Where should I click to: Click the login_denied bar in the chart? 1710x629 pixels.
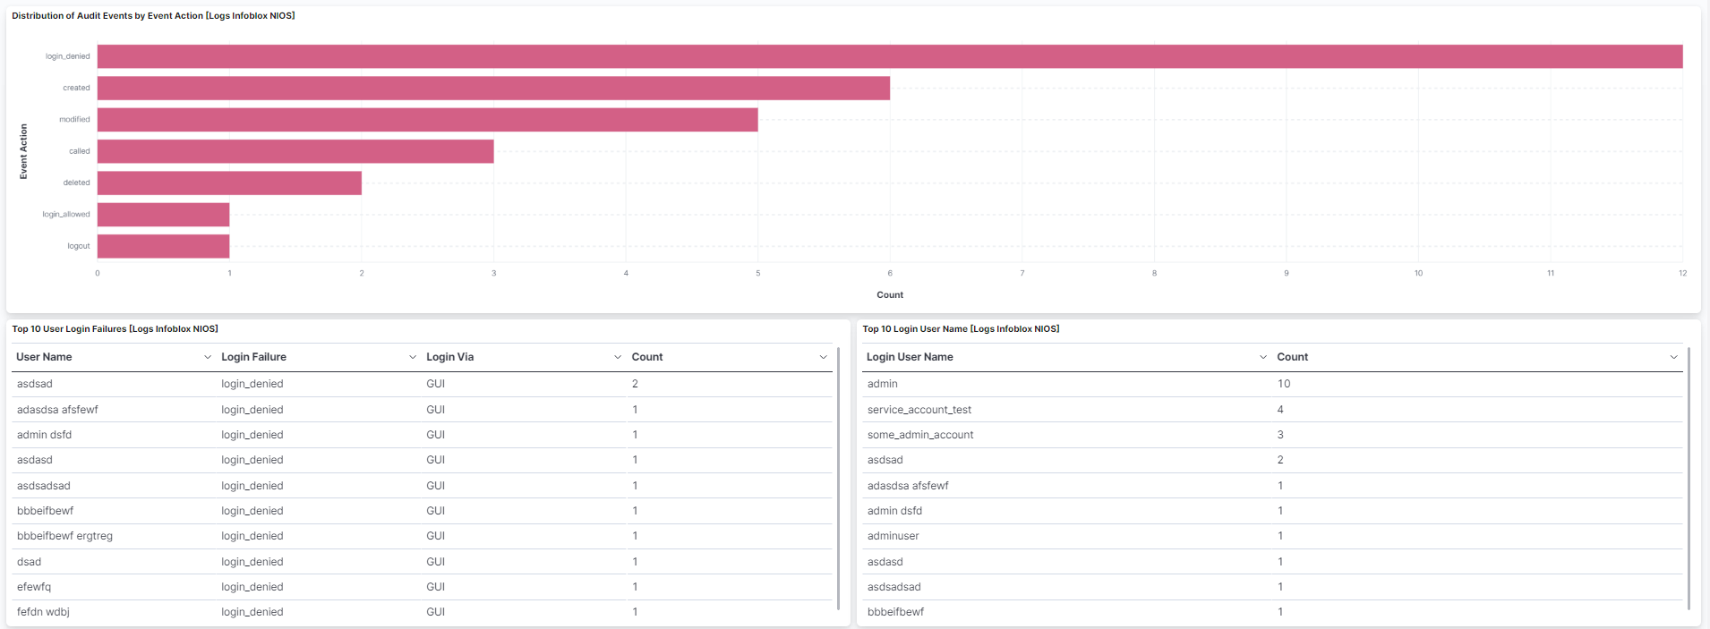(x=890, y=56)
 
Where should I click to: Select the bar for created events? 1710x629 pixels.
(x=493, y=88)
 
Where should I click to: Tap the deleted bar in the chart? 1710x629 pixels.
(x=229, y=183)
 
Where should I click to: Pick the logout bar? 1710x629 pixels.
(x=163, y=246)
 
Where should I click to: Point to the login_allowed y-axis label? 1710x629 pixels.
(x=66, y=215)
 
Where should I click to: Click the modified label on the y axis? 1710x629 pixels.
(x=74, y=120)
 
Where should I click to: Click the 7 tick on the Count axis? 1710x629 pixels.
(x=1022, y=273)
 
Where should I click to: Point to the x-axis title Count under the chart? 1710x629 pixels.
(x=890, y=295)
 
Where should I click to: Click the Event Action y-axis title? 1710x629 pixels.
(x=23, y=151)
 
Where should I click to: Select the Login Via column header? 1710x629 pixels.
(x=450, y=357)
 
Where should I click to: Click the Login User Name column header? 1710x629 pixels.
(x=910, y=357)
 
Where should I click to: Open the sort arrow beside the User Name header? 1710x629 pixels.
(x=208, y=357)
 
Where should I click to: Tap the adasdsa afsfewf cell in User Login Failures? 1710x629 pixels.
(x=57, y=410)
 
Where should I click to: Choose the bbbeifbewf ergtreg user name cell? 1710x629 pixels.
(x=64, y=536)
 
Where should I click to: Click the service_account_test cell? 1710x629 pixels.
(x=919, y=410)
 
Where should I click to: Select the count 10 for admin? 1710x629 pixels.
(x=1284, y=384)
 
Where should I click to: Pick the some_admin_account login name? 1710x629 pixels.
(x=919, y=435)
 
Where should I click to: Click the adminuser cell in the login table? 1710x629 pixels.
(x=893, y=536)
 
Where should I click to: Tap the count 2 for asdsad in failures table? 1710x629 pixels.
(x=635, y=384)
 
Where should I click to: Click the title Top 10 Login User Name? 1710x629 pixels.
(x=961, y=329)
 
